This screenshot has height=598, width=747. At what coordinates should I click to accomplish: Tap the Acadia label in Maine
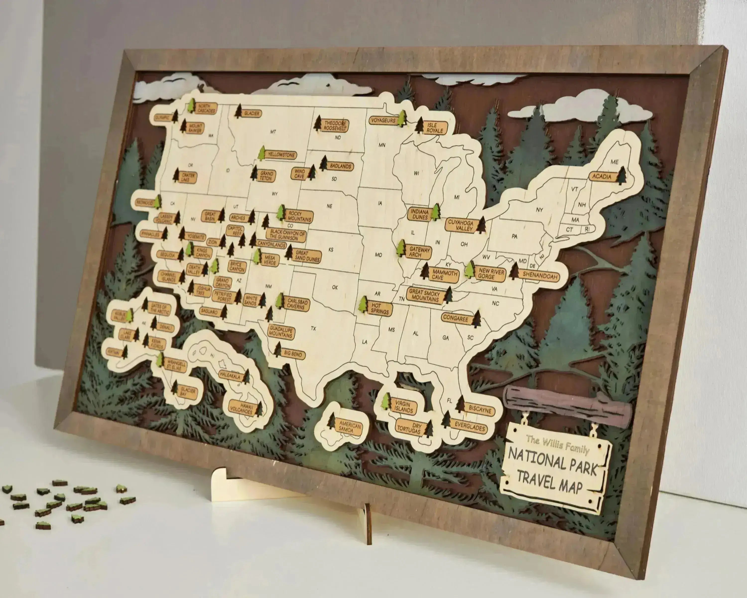602,176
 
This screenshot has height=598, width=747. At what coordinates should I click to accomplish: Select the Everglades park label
469,426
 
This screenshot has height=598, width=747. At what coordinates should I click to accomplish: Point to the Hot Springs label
380,308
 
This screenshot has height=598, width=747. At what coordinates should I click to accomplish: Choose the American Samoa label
350,427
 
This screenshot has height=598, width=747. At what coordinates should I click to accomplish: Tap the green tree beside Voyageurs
402,119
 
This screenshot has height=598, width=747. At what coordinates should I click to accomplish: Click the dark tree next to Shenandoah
514,271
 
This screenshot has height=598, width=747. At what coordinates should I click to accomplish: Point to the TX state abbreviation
313,328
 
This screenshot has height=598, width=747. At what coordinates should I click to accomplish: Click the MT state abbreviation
273,132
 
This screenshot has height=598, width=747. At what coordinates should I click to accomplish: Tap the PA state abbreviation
514,236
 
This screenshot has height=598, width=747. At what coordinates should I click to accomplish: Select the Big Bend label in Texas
293,354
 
